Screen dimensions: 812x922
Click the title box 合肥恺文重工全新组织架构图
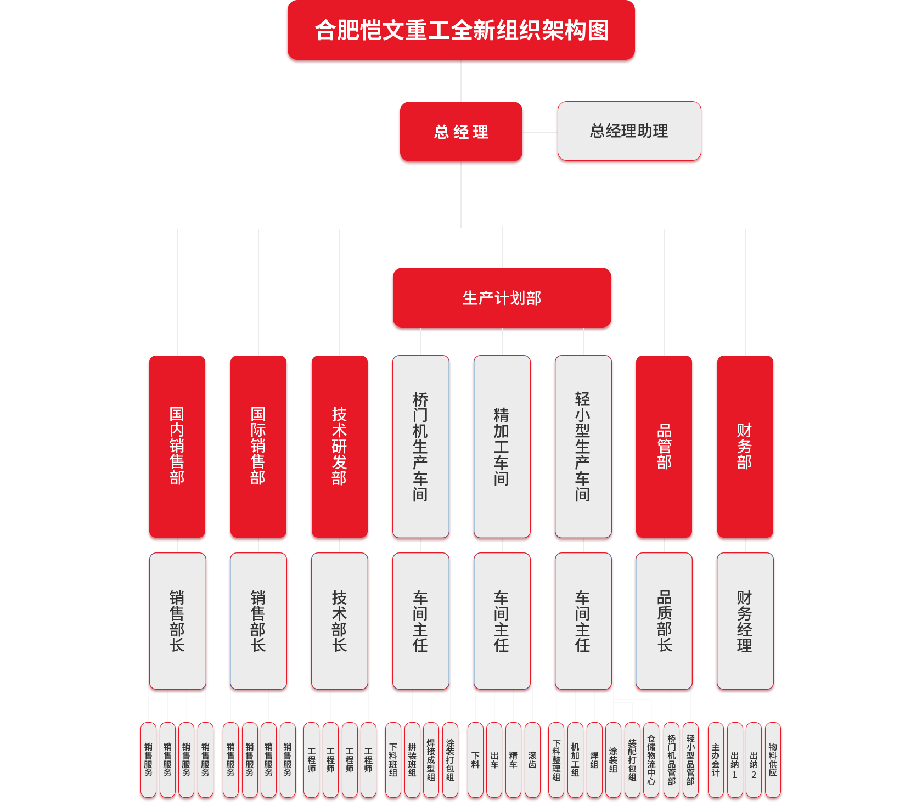coord(461,30)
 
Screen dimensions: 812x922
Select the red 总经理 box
coord(461,132)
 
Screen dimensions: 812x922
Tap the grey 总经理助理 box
coord(629,131)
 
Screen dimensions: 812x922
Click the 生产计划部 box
coord(502,298)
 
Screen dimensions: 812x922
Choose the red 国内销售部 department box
coord(177,446)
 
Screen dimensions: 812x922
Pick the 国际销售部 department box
coord(258,446)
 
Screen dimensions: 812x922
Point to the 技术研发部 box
coord(340,446)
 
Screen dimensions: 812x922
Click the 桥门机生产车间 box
coord(421,446)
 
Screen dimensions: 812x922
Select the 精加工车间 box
coord(502,446)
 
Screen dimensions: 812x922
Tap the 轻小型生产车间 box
coord(583,446)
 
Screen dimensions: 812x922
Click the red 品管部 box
coord(664,446)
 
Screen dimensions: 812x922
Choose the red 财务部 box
coord(745,446)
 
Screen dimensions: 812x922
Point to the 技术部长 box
coord(340,621)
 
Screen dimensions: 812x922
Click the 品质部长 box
coord(664,621)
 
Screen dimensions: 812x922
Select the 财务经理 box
coord(745,621)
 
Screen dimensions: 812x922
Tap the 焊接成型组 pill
coord(431,760)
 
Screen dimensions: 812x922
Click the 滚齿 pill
coord(532,760)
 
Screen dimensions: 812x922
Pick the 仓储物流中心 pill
coord(651,760)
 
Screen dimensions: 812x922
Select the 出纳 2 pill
coord(754,760)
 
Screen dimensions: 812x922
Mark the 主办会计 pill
coord(716,760)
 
